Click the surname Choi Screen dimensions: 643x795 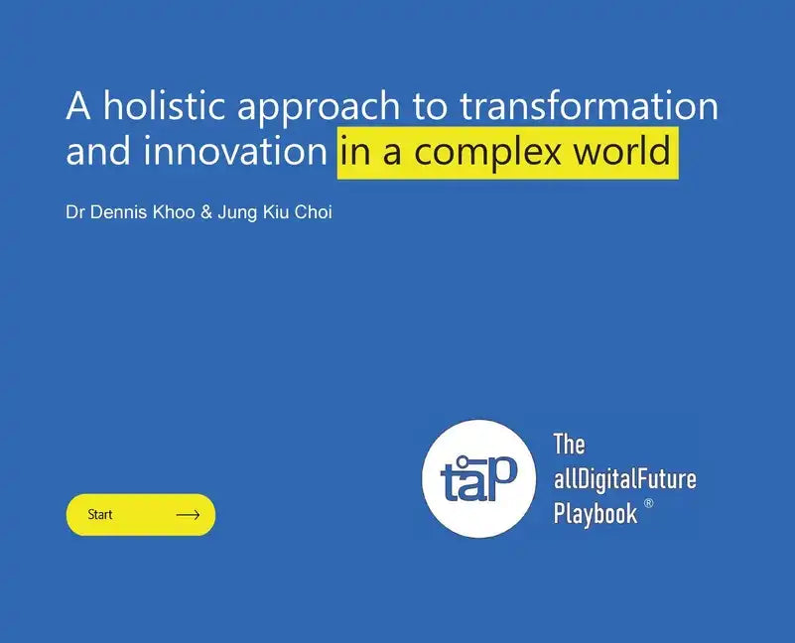point(313,211)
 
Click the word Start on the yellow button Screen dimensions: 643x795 point(100,515)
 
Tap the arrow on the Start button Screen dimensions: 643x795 point(188,515)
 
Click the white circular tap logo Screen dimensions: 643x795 point(480,478)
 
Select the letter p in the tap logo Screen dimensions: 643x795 point(502,473)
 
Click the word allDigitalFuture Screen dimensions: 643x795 point(624,479)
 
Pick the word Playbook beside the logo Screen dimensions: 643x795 point(596,514)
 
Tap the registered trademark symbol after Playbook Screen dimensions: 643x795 point(649,504)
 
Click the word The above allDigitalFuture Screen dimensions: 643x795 point(569,444)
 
